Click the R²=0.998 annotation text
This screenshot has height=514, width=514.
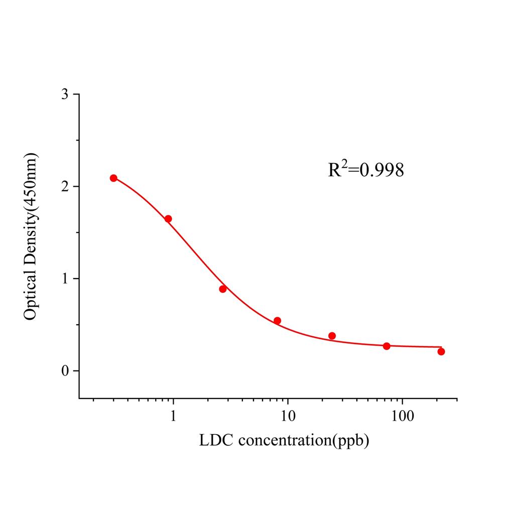click(366, 170)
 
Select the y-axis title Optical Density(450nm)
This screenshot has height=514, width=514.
click(31, 236)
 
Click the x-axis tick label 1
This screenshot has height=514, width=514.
click(173, 416)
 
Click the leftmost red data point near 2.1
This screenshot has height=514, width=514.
click(113, 178)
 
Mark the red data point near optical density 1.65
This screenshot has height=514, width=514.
click(168, 219)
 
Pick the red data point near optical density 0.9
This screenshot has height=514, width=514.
click(223, 289)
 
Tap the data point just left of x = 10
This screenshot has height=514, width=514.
click(277, 321)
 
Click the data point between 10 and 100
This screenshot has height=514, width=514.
click(332, 336)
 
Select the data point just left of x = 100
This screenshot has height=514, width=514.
click(387, 346)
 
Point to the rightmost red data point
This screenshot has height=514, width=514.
click(441, 351)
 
